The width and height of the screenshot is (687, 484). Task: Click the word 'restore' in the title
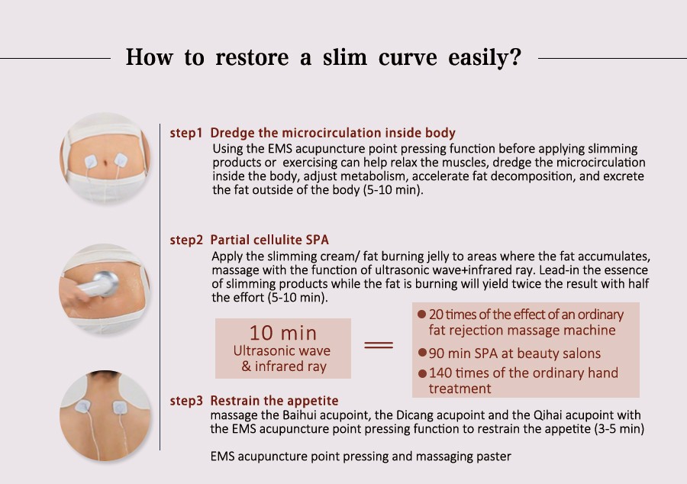click(252, 57)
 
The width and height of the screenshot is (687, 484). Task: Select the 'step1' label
click(186, 133)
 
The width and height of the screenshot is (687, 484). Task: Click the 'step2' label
click(187, 240)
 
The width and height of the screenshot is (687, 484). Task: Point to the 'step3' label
click(187, 401)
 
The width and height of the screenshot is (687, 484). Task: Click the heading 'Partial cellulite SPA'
click(269, 240)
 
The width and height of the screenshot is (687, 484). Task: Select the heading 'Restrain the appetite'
click(274, 401)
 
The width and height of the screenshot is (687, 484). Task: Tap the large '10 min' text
click(283, 333)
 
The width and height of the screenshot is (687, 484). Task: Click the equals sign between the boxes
click(379, 345)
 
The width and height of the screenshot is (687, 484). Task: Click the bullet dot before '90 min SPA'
click(422, 353)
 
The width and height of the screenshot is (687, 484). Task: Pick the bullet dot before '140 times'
click(422, 373)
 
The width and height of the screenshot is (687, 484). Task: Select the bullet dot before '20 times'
click(422, 314)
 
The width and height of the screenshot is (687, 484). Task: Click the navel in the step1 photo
click(105, 164)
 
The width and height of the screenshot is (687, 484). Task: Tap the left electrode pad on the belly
click(91, 163)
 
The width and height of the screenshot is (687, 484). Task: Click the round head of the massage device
click(105, 282)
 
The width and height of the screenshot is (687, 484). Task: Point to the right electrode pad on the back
click(120, 408)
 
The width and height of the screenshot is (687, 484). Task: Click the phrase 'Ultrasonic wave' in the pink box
click(282, 351)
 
